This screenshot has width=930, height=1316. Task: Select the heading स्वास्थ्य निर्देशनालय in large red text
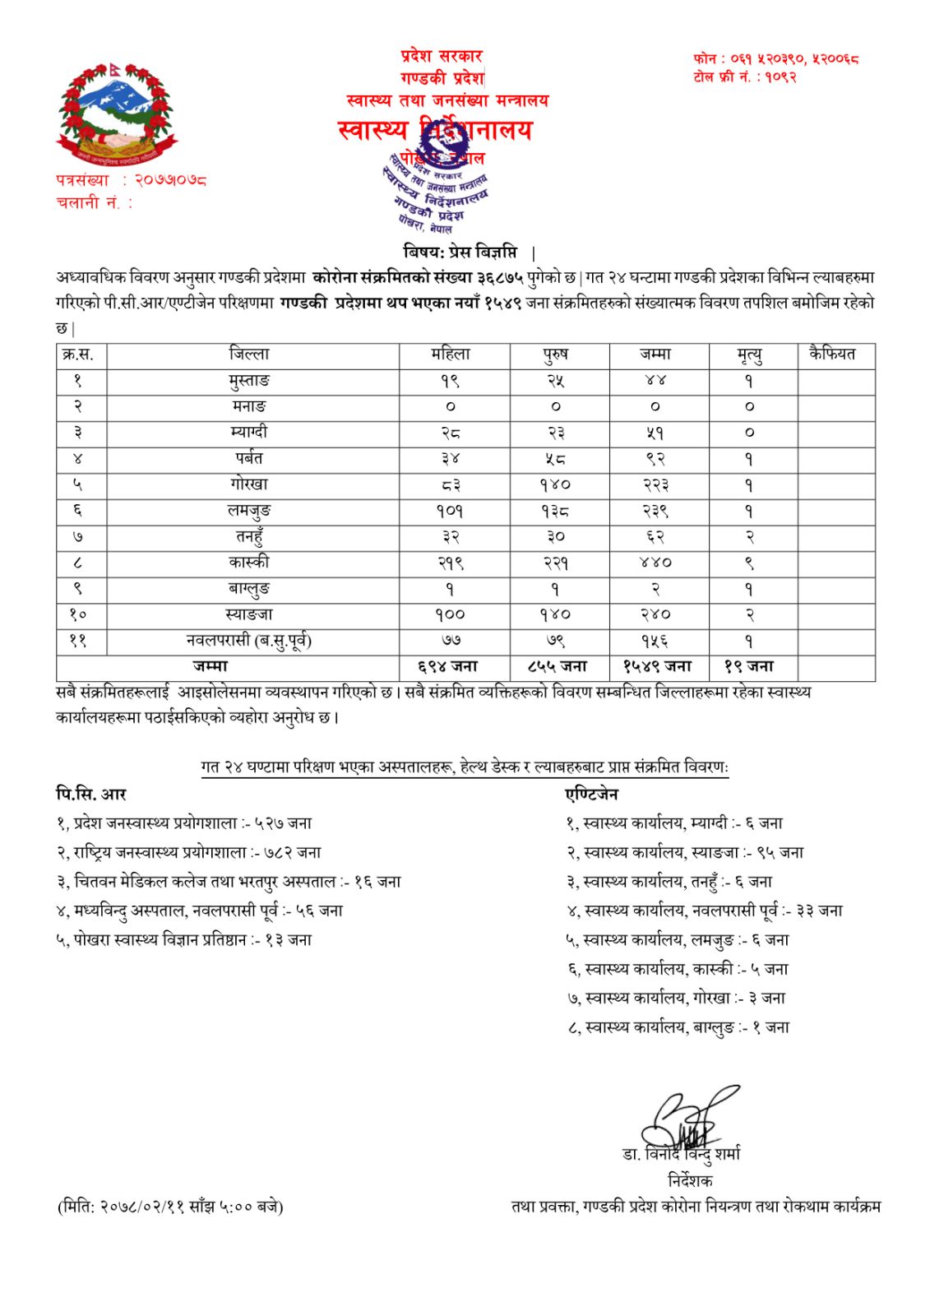point(435,130)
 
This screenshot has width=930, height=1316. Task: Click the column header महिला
point(451,354)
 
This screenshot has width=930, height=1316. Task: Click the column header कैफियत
point(832,354)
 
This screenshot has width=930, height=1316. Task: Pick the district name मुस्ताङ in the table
point(249,381)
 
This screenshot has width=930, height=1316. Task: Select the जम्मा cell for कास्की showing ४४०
point(655,563)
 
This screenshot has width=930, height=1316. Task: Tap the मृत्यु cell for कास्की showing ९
point(749,563)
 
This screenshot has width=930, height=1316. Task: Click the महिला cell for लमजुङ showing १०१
point(451,511)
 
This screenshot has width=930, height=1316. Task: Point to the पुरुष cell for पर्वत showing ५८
point(556,459)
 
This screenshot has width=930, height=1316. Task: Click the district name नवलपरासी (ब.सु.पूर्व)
point(249,641)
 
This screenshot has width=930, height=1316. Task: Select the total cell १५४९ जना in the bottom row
point(657,667)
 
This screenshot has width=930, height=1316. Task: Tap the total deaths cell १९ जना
point(749,667)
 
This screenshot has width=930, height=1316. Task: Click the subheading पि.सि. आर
point(91,794)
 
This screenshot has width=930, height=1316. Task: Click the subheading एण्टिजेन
point(591,794)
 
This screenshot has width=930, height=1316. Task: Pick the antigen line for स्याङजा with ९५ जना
point(684,852)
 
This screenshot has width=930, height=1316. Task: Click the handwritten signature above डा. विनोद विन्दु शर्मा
point(687,1119)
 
